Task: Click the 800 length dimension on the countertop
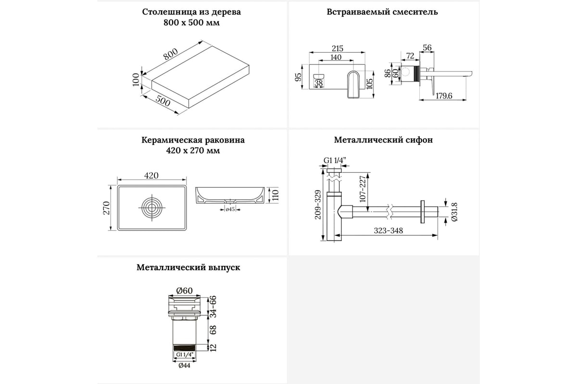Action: point(170,55)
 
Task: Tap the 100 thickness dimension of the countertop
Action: point(136,79)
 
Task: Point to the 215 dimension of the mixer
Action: point(338,48)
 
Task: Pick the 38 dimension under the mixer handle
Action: point(318,83)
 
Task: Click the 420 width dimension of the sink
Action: point(151,176)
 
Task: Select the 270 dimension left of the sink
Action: point(107,207)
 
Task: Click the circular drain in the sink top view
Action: point(152,208)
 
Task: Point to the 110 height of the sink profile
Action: point(276,194)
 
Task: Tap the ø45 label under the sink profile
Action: point(229,209)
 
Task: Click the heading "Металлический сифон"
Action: point(383,140)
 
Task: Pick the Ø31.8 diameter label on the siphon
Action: point(454,211)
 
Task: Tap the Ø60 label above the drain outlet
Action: point(185,290)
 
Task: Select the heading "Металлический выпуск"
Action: point(188,267)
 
